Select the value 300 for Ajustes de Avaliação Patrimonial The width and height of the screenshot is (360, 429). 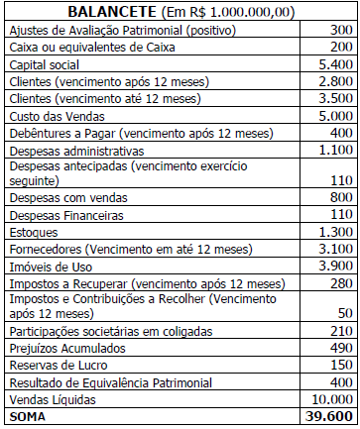tap(338, 30)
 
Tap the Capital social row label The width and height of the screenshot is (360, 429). tap(45, 64)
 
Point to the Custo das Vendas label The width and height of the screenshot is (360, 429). tap(53, 116)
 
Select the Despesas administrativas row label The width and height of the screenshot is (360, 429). tap(75, 151)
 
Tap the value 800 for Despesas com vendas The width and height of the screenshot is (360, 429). tap(338, 197)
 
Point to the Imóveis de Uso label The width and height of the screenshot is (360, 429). tap(49, 267)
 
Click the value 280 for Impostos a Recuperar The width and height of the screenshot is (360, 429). tap(338, 283)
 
